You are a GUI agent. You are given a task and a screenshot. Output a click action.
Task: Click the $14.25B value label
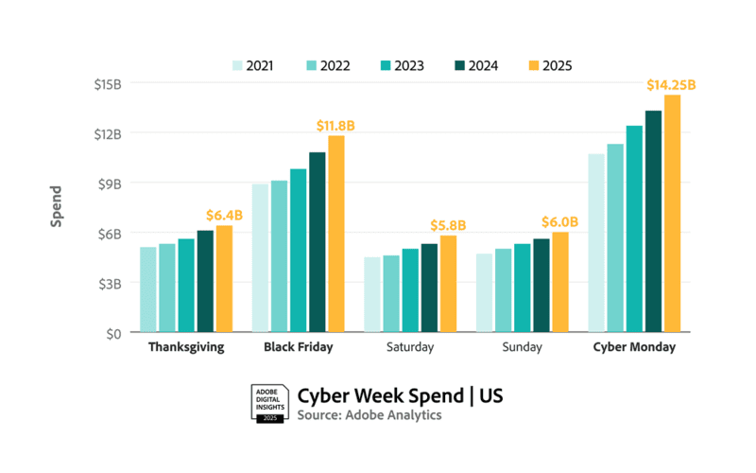click(x=671, y=85)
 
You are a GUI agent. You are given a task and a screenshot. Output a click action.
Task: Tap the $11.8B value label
click(x=335, y=126)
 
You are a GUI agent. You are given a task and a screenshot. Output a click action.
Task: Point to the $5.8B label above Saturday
click(x=448, y=225)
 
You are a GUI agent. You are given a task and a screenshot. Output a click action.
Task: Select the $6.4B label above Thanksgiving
click(x=224, y=215)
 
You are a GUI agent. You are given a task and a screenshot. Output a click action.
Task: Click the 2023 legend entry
click(x=401, y=65)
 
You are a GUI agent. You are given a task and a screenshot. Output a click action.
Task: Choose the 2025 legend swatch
click(x=535, y=65)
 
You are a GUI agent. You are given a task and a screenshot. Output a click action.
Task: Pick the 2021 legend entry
click(x=252, y=65)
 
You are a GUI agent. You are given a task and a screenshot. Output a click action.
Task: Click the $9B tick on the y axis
click(x=110, y=183)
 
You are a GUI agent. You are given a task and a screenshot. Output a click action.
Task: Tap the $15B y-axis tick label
click(x=108, y=83)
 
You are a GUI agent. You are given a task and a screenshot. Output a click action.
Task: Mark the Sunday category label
click(x=523, y=347)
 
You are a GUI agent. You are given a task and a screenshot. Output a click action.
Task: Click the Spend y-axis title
click(x=57, y=206)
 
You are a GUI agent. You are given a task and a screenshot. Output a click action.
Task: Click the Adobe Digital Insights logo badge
click(x=268, y=404)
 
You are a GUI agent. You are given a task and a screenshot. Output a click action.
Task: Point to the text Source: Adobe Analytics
click(x=369, y=415)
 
